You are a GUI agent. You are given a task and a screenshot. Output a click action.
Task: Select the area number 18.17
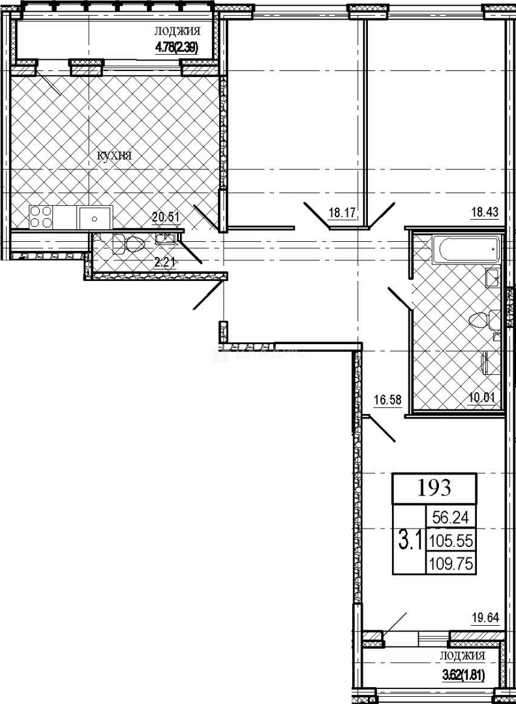coord(342,212)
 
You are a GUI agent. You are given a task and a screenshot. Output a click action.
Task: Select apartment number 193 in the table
coord(434,487)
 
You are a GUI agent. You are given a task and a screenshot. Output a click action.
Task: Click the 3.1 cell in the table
coord(408,540)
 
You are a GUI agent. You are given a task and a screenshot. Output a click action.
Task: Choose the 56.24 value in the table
coord(450,518)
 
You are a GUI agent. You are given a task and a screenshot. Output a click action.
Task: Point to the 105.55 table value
coord(450,540)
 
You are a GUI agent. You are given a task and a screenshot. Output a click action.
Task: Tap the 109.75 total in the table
coord(450,563)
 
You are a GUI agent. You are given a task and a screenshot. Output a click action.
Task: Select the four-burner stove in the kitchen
coord(40,217)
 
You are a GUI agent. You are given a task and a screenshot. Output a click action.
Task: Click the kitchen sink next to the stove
coord(95,217)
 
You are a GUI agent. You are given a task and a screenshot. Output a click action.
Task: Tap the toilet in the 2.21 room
coord(134,245)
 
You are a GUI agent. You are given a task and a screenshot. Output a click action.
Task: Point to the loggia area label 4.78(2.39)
coord(176,46)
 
